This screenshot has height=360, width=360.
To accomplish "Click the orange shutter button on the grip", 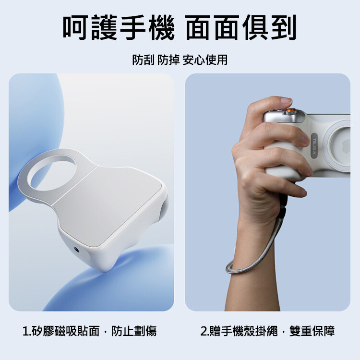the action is click(x=290, y=111).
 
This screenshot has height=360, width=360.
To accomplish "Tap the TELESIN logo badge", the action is click(x=314, y=145).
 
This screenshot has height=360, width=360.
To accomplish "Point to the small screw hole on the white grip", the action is click(x=76, y=249).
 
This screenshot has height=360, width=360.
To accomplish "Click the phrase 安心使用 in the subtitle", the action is click(x=205, y=60).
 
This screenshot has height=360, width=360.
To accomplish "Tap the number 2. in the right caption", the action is click(x=204, y=331).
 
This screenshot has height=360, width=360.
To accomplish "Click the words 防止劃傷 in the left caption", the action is click(x=134, y=331).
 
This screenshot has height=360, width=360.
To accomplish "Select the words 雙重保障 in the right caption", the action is click(x=312, y=331).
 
